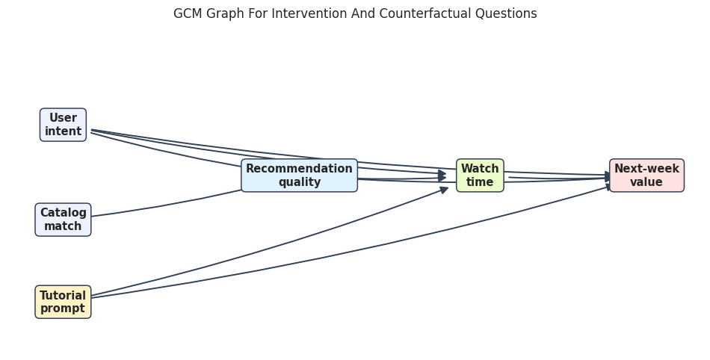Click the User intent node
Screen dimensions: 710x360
pyautogui.click(x=63, y=125)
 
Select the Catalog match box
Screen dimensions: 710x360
pyautogui.click(x=63, y=220)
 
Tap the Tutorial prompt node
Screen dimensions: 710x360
pyautogui.click(x=63, y=302)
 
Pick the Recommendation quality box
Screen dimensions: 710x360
pyautogui.click(x=299, y=176)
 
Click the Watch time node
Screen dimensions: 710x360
pyautogui.click(x=480, y=176)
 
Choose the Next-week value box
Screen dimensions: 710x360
pyautogui.click(x=646, y=176)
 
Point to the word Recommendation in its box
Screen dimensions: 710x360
pyautogui.click(x=299, y=169)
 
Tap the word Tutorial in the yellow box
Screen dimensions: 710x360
pyautogui.click(x=63, y=295)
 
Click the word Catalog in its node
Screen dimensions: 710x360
pyautogui.click(x=64, y=213)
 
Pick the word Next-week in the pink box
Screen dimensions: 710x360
pyautogui.click(x=646, y=169)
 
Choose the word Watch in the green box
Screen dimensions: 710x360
pyautogui.click(x=480, y=169)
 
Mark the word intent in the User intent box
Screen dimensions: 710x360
pyautogui.click(x=63, y=131)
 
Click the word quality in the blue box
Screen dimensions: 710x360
pyautogui.click(x=300, y=182)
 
